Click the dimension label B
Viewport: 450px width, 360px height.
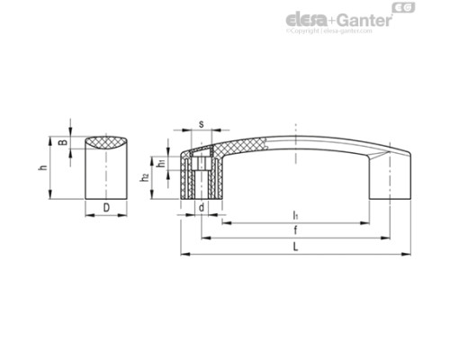click(62, 142)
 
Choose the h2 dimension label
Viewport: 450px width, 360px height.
click(144, 179)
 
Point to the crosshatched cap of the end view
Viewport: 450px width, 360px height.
click(106, 142)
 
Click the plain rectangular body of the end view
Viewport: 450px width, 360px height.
click(106, 175)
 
